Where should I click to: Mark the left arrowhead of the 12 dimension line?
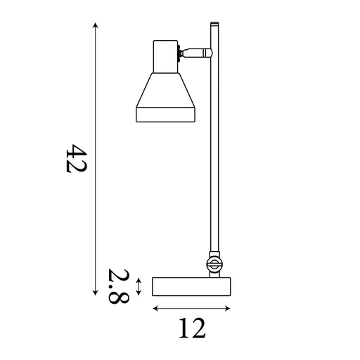[x=155, y=309]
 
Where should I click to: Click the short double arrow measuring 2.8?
[x=140, y=286]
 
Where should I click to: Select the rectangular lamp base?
[x=192, y=287]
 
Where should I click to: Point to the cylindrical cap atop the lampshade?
[x=165, y=55]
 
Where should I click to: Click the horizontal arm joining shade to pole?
[x=199, y=52]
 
